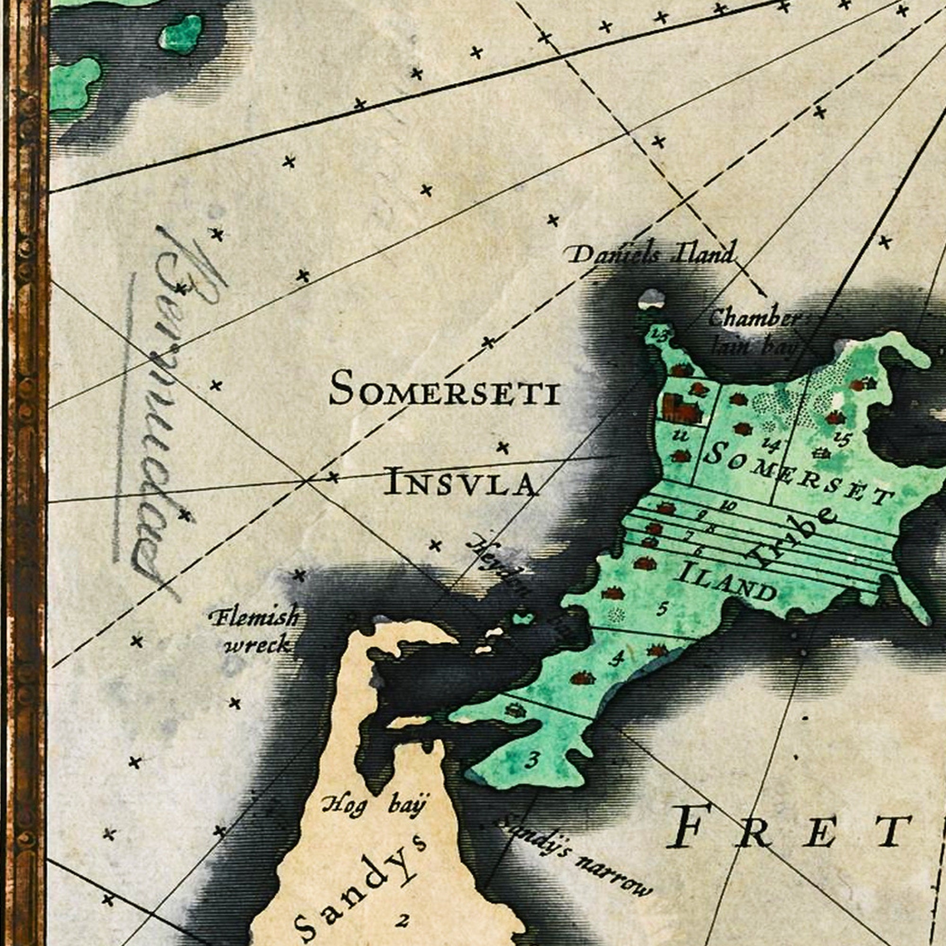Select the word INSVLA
tap(460, 482)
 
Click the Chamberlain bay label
tap(754, 333)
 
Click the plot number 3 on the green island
tap(533, 761)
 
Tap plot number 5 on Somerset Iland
tap(662, 609)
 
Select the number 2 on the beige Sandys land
tap(403, 921)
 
